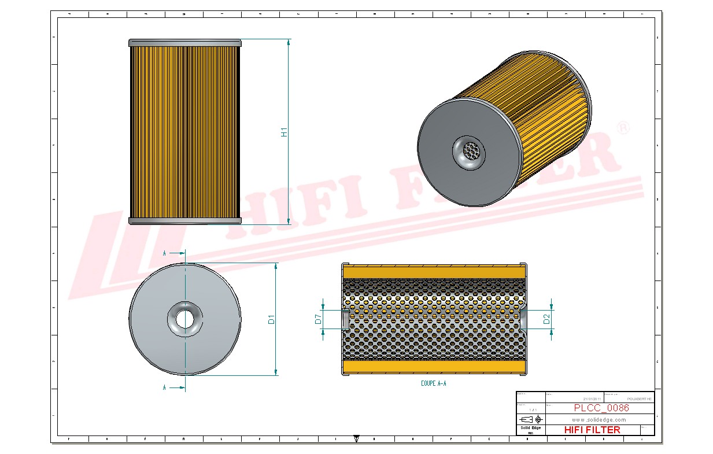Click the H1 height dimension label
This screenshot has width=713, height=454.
[284, 132]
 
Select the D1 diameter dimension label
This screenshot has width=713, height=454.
[271, 319]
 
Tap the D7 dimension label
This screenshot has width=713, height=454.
[318, 319]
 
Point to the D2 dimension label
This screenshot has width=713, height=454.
[546, 318]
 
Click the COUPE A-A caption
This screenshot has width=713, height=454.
[434, 383]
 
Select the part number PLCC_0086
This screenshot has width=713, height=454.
[601, 408]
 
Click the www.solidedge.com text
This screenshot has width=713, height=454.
[599, 419]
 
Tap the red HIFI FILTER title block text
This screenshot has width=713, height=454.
[592, 430]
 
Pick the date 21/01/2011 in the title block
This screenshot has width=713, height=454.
[592, 398]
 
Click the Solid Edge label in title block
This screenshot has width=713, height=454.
[530, 428]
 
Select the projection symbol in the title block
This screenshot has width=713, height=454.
[530, 419]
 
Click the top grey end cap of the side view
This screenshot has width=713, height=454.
[184, 43]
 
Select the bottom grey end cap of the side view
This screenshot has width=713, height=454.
[184, 220]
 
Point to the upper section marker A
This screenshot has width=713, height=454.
[164, 253]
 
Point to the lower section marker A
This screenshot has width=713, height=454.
[164, 387]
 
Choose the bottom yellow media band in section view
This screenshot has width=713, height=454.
[434, 366]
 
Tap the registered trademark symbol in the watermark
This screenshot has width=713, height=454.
[622, 128]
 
